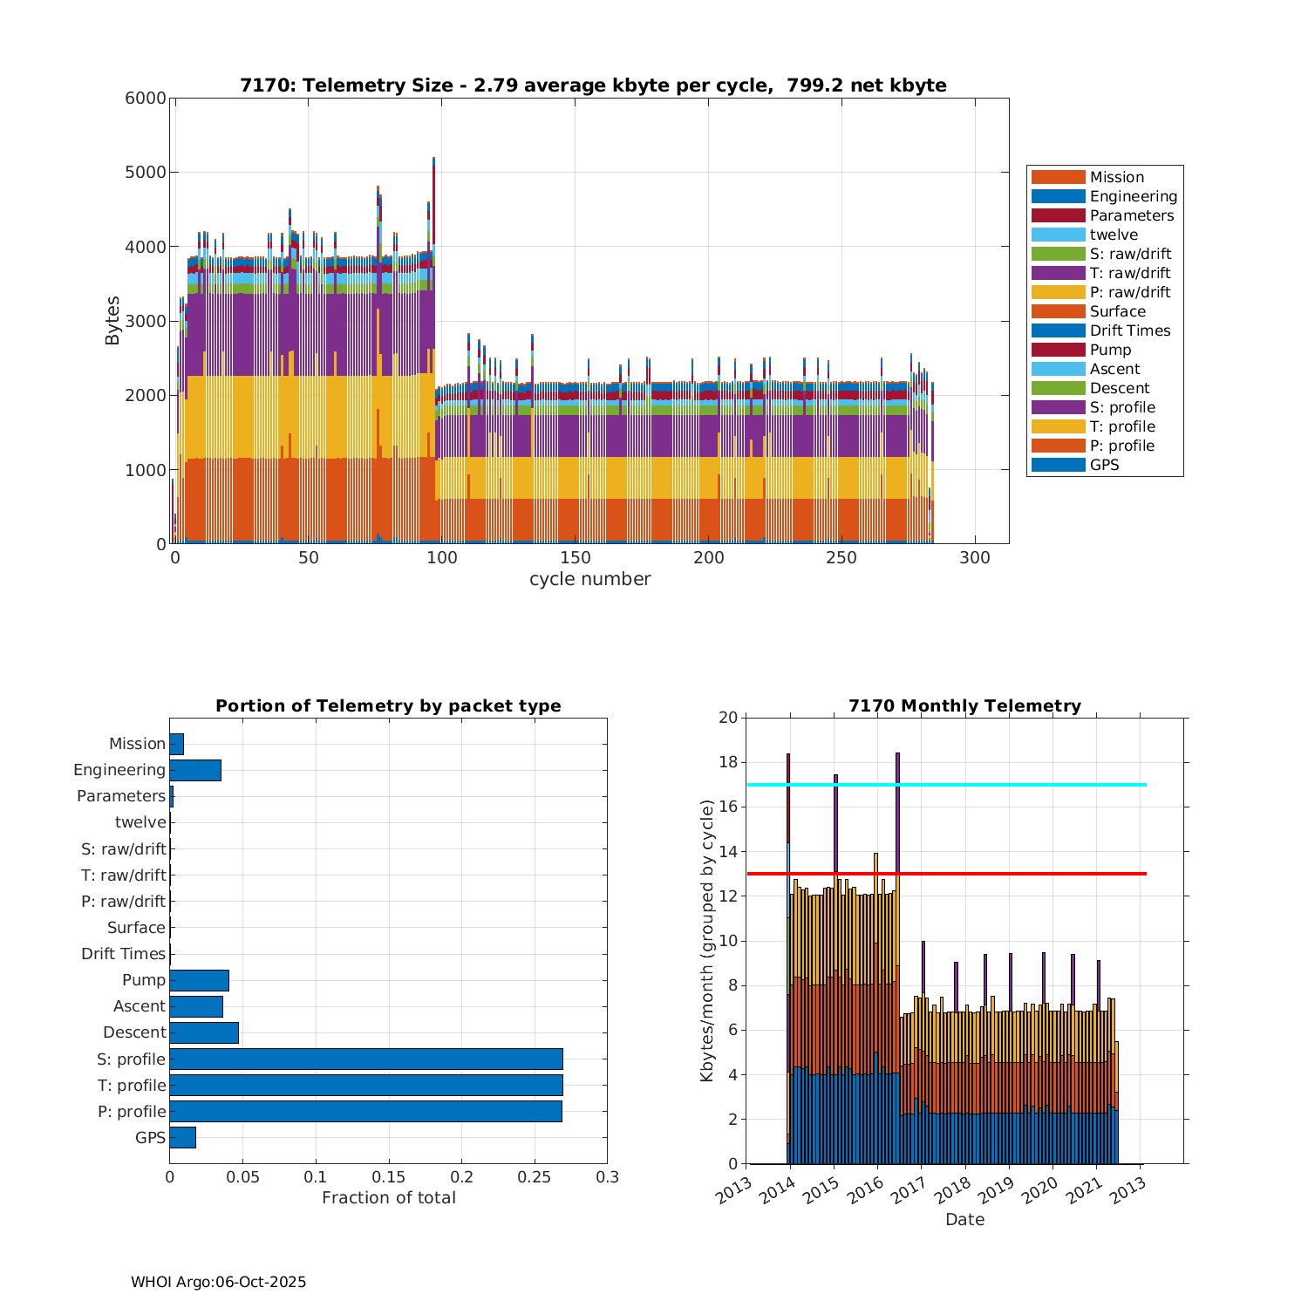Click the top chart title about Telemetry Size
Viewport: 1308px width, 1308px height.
coord(593,85)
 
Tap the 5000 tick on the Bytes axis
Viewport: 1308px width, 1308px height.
coord(149,173)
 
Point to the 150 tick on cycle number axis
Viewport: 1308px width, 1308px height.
coord(576,558)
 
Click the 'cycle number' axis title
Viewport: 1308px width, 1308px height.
coord(589,579)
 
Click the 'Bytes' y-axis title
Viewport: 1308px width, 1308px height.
coord(112,321)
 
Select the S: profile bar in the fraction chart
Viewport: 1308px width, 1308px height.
coord(366,1059)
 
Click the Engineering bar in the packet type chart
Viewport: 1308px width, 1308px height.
coord(195,770)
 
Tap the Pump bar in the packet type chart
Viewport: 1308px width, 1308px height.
coord(199,980)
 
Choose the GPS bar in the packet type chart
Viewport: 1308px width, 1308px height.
coord(182,1137)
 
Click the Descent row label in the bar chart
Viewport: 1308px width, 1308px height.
coord(134,1032)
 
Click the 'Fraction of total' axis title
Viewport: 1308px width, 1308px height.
coord(389,1198)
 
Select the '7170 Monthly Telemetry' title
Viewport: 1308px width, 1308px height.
coord(964,706)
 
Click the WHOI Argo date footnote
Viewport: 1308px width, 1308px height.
coord(218,1282)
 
